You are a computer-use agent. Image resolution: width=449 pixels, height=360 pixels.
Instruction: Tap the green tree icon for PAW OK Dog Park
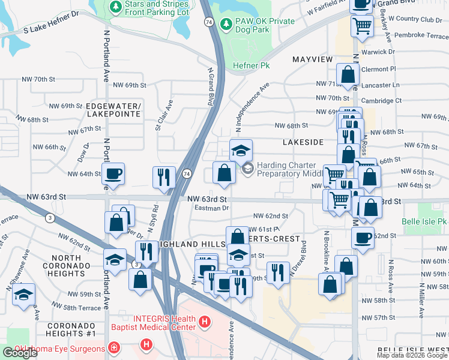226,25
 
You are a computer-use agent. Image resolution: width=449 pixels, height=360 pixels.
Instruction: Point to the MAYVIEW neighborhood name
312,60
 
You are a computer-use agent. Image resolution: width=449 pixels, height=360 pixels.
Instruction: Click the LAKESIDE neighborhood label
304,142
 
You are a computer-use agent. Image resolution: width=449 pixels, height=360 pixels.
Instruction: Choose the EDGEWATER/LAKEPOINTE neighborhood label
113,109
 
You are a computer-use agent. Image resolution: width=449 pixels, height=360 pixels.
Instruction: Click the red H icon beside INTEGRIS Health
205,323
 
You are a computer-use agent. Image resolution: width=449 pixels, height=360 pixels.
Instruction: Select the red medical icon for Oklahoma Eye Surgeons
113,347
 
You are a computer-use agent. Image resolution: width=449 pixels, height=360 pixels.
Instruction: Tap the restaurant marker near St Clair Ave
164,177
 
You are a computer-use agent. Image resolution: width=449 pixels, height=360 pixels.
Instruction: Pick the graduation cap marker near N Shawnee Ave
24,295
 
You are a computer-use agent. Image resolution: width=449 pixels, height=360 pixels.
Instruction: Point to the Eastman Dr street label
212,208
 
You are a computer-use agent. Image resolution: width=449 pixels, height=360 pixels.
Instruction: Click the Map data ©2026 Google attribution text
412,355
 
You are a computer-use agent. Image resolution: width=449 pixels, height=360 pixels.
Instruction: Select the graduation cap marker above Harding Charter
241,150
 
